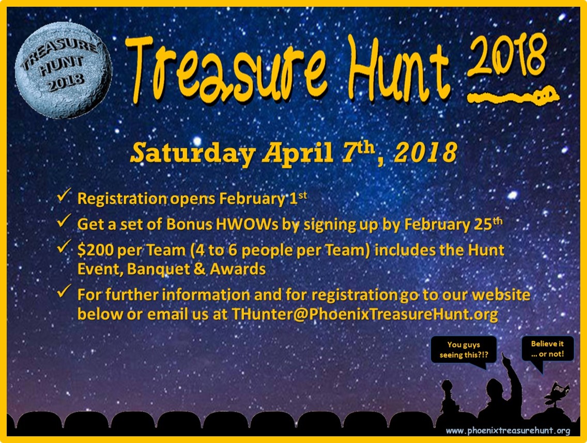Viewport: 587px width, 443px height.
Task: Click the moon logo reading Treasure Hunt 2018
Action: point(63,70)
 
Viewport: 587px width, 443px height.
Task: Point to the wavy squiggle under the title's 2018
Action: point(513,96)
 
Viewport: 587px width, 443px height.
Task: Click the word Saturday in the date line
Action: point(193,153)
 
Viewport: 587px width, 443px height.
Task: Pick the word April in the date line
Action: point(298,153)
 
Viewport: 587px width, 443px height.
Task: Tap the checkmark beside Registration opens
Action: point(64,195)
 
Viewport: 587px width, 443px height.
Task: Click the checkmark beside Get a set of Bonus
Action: point(64,221)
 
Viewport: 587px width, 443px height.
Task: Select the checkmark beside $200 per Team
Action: point(64,246)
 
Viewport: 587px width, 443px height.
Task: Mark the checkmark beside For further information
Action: point(64,291)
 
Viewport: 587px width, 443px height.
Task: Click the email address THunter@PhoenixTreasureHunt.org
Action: point(365,314)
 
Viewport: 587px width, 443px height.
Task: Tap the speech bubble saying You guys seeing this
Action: point(464,350)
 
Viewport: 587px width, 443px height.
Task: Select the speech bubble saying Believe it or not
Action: point(547,349)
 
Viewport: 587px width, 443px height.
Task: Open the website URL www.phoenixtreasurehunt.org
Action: point(508,431)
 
